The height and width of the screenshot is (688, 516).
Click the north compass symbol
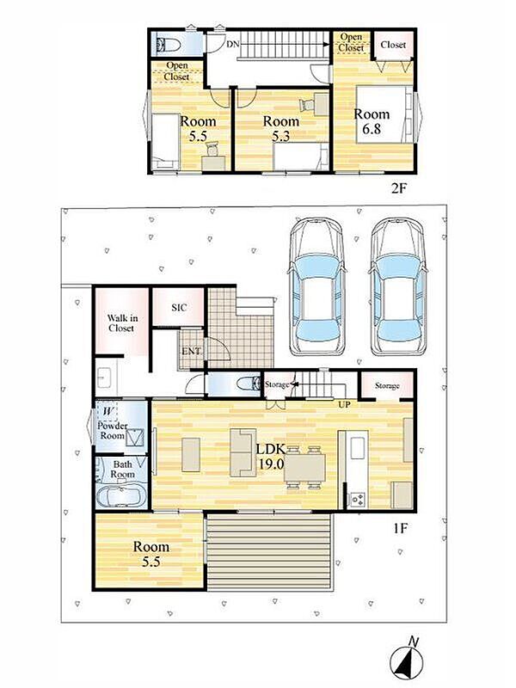pos(407,656)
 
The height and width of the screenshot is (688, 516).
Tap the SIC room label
pos(179,308)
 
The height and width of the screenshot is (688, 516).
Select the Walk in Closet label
pos(121,323)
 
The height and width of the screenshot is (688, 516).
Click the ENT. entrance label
pos(192,351)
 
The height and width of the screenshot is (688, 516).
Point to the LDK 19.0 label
pos(271,457)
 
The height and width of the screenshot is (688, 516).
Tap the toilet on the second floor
pos(169,45)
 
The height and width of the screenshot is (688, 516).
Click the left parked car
pos(316,286)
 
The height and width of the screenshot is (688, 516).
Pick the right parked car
pos(398,286)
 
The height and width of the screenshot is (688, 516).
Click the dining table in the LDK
pos(304,468)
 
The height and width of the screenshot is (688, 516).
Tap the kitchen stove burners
pos(357,499)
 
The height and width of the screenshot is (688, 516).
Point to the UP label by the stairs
pos(344,404)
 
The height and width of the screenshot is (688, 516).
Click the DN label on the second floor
pos(232,44)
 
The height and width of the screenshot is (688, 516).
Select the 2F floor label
pos(400,188)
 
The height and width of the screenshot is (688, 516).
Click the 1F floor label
pos(400,528)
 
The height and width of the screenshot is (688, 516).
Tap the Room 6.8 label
pos(372,121)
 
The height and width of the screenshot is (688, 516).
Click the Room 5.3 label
pos(281,128)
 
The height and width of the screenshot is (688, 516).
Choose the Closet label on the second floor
pos(393,45)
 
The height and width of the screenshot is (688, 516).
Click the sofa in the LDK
pos(243,453)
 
